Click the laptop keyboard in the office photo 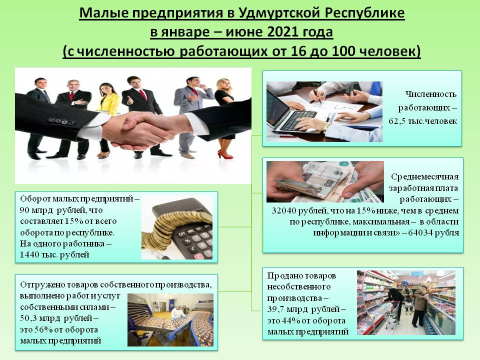(297, 119)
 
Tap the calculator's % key (186, 241)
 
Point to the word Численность (430, 94)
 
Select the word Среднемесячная (424, 177)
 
